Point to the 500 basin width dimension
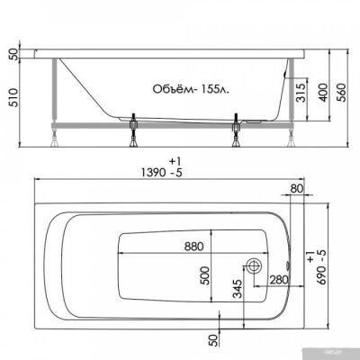tap(207, 274)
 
